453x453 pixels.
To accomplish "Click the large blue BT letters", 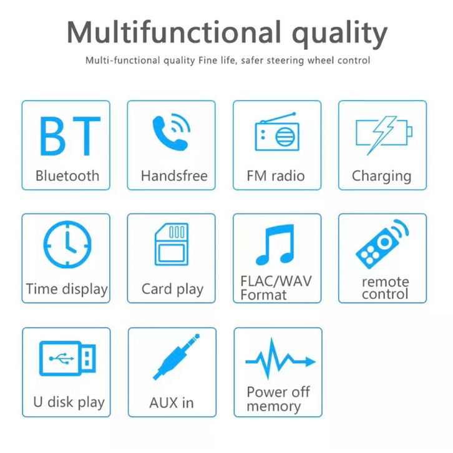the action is (x=71, y=136).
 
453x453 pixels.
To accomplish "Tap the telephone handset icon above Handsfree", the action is (x=172, y=132).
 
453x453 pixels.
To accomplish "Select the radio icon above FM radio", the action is (x=277, y=132).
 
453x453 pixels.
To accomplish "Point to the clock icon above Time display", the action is (x=67, y=245).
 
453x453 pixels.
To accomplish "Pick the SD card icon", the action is (x=172, y=245).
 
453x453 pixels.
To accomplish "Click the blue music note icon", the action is (x=275, y=245).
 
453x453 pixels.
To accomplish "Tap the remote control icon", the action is (x=382, y=244).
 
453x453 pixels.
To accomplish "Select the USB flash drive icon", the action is (x=67, y=359).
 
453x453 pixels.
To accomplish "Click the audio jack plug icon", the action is (x=176, y=357).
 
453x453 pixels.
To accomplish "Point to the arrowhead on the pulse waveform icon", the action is (x=311, y=361).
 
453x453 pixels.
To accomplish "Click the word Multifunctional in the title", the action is (x=174, y=32).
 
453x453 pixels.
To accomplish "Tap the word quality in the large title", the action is (x=339, y=34).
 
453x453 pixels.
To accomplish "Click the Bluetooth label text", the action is (x=67, y=176).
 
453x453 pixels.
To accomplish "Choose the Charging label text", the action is (x=382, y=176).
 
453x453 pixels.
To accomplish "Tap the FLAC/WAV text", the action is (x=276, y=281).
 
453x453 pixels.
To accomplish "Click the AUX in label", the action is (x=172, y=402).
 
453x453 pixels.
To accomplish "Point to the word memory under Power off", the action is (x=273, y=406).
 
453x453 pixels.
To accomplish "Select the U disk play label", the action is (x=69, y=402).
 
